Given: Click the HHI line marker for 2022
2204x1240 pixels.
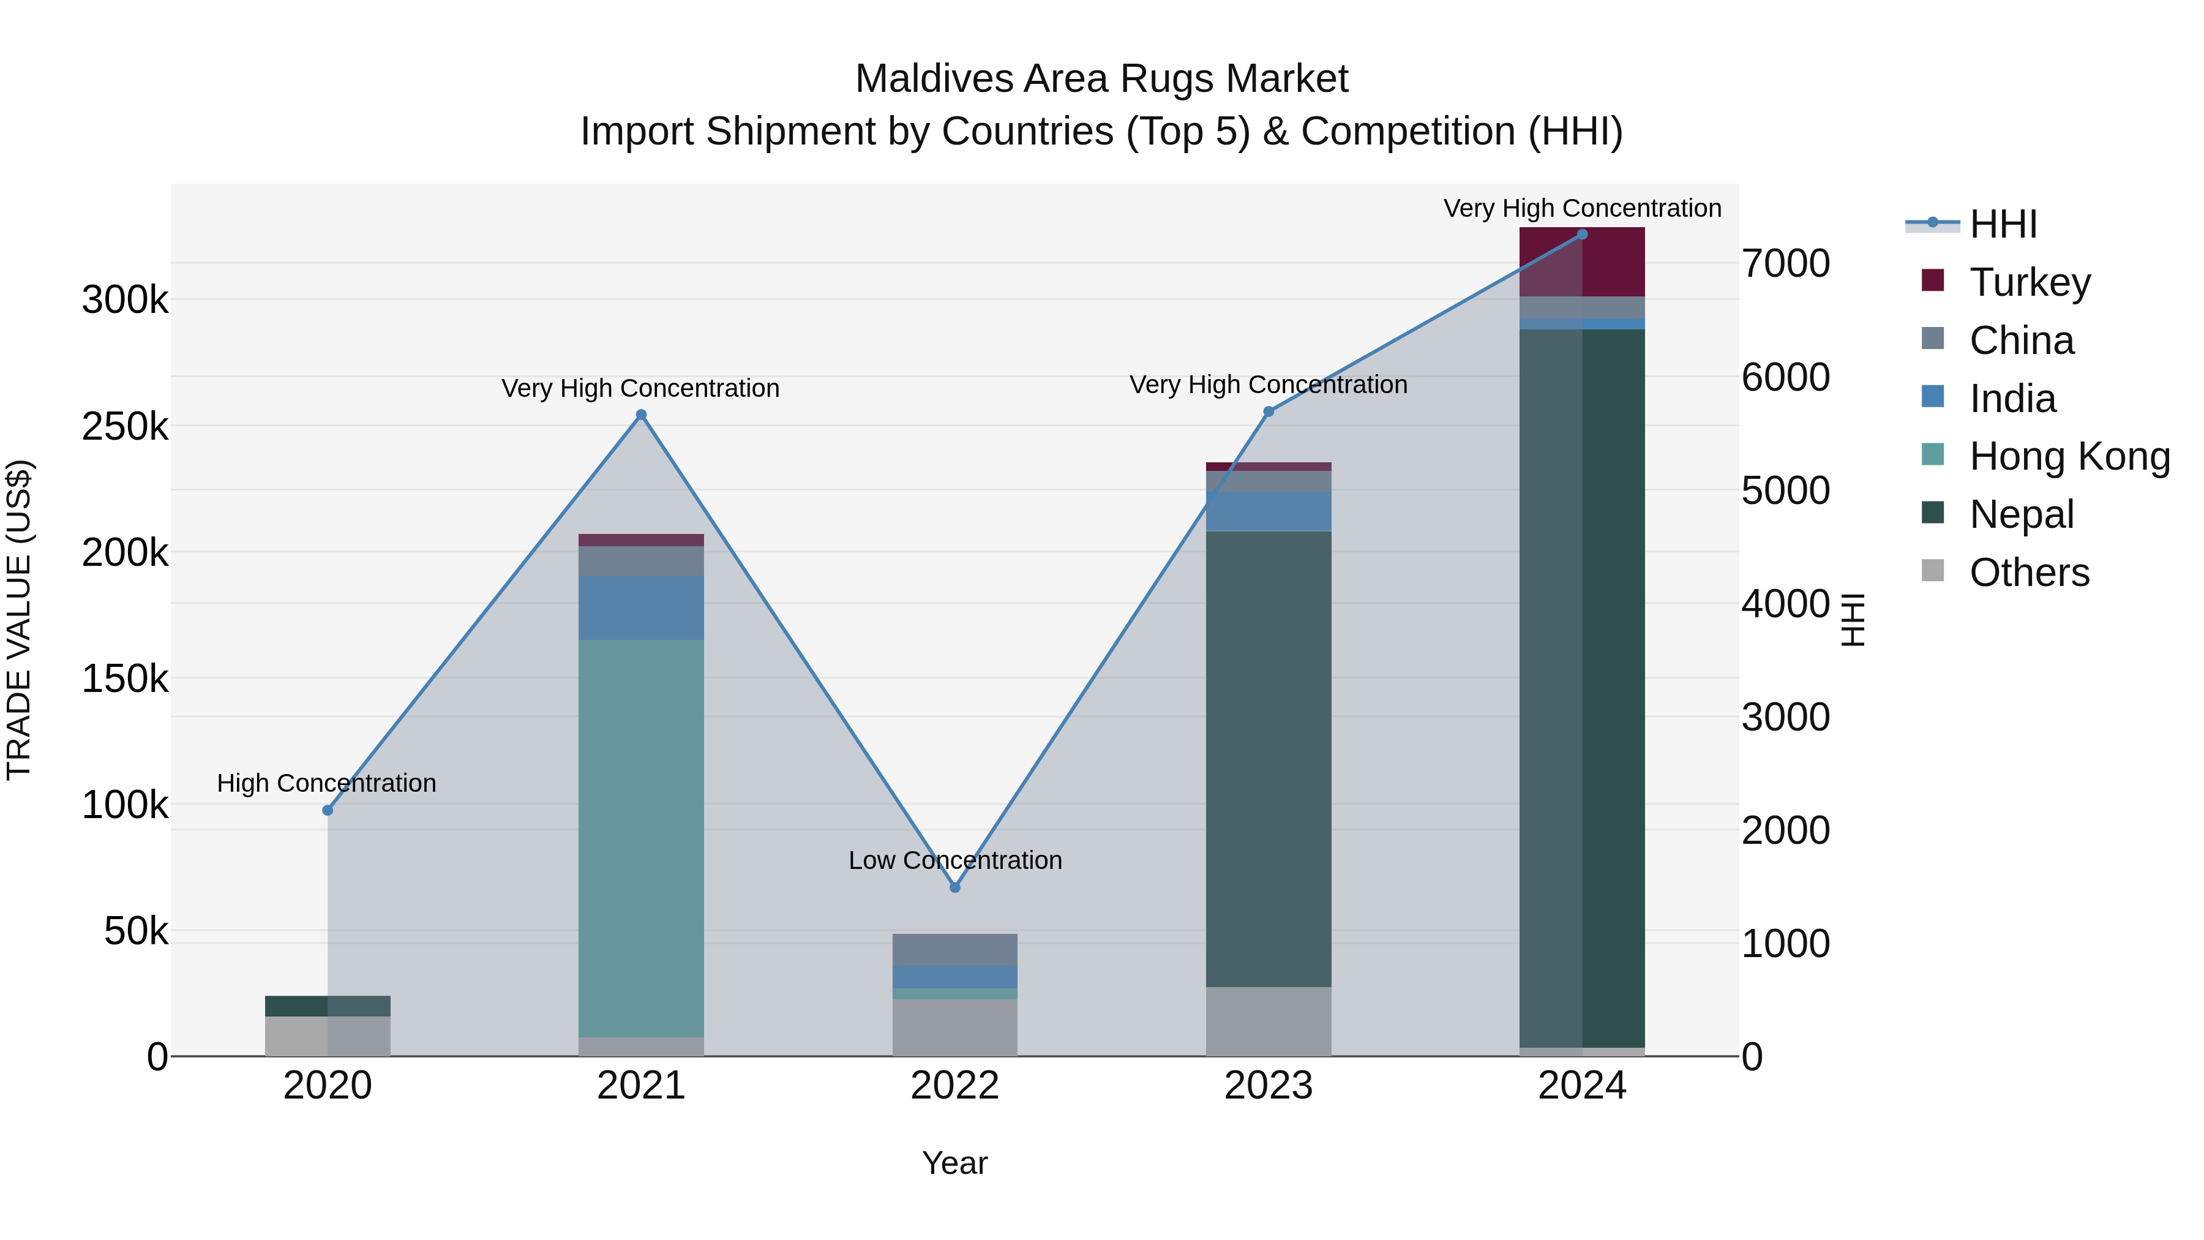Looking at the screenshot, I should [x=955, y=887].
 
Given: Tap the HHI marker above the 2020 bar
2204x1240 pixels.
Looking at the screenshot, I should [x=328, y=810].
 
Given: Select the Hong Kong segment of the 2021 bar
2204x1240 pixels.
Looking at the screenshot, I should [x=641, y=839].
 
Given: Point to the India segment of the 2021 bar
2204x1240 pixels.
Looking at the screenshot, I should [x=641, y=607].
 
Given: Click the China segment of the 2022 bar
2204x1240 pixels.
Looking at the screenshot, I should [x=955, y=949].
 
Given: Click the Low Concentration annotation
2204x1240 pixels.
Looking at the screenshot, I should [x=955, y=860].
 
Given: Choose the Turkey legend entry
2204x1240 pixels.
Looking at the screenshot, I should [x=2030, y=282].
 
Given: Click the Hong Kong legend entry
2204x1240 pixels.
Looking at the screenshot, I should [x=2068, y=456].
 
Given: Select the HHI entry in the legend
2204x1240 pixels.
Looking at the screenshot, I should [x=2002, y=224].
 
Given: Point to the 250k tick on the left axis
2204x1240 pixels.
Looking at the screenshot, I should [x=125, y=426].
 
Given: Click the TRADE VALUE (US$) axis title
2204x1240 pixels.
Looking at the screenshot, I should [x=19, y=620].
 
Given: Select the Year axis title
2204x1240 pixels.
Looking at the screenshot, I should [x=955, y=1163].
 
